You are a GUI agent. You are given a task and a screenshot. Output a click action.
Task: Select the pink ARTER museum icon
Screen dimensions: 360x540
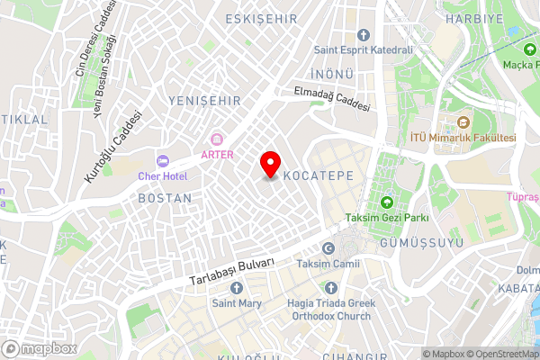[x=217, y=139]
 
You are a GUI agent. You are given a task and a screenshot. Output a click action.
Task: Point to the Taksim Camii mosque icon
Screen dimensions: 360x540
[x=328, y=248]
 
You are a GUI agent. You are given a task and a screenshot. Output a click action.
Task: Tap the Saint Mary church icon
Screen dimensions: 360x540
[x=237, y=288]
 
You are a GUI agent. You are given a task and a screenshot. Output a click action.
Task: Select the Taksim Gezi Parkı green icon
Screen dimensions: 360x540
[x=387, y=202]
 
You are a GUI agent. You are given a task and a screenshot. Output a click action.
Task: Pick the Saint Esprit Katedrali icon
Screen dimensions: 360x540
[x=362, y=34]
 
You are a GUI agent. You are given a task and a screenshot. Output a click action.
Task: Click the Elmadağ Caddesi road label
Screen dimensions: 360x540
[x=332, y=98]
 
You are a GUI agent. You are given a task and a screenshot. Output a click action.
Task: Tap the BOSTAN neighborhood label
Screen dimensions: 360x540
[x=165, y=197]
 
